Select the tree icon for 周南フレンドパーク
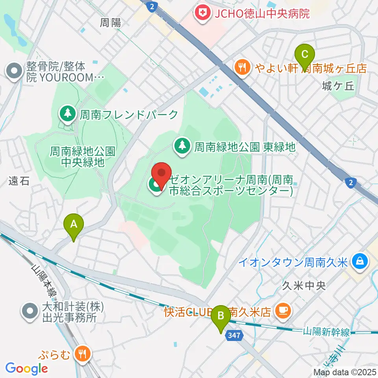tap(68, 114)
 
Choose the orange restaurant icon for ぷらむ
tap(83, 354)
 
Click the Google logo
tap(26, 369)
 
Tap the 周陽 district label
tap(110, 23)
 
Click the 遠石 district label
tap(19, 181)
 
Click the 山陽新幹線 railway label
tap(326, 332)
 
